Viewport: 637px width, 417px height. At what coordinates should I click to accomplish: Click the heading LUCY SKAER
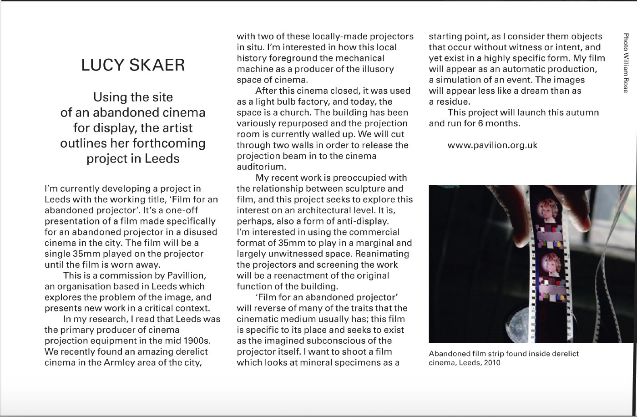(133, 65)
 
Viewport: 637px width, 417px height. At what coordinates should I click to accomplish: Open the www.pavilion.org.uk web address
(492, 145)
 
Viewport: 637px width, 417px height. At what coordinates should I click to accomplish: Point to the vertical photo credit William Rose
(626, 62)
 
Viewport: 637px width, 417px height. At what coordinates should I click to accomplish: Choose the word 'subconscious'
(349, 341)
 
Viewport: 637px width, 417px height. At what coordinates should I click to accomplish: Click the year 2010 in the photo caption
(491, 363)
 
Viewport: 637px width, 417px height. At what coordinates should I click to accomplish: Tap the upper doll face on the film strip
(548, 209)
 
